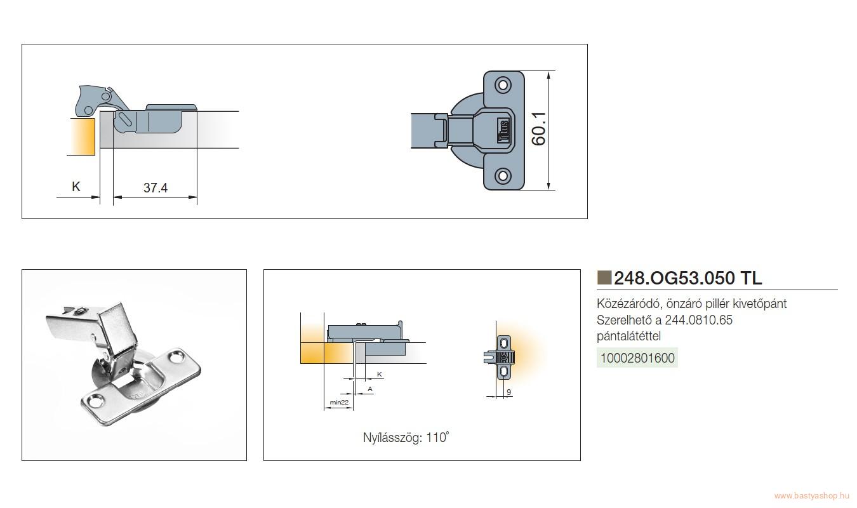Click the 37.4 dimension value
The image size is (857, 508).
156,187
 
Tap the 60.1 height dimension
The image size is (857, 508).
539,129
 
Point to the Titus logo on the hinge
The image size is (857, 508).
503,131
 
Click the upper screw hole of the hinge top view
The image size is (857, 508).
503,84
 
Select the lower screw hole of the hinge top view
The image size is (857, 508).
503,176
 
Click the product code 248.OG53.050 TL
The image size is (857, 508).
688,278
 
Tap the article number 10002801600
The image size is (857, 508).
637,358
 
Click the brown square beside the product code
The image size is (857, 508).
604,277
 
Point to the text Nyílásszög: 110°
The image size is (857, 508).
406,437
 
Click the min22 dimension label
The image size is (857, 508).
339,403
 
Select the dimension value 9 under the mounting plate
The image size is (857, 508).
508,392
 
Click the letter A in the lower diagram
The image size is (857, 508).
370,389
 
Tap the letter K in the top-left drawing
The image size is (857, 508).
76,187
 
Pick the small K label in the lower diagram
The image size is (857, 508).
380,374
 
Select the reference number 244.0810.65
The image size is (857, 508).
698,320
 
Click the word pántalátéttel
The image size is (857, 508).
628,336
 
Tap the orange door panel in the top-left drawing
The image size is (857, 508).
83,137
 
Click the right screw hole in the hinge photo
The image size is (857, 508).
176,358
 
